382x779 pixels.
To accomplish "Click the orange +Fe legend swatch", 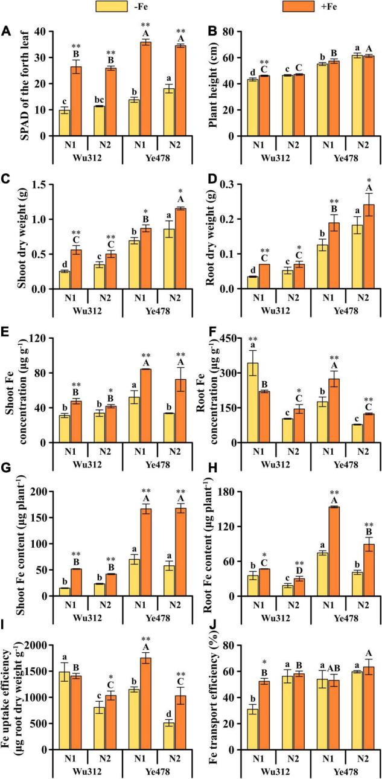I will tap(298, 7).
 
